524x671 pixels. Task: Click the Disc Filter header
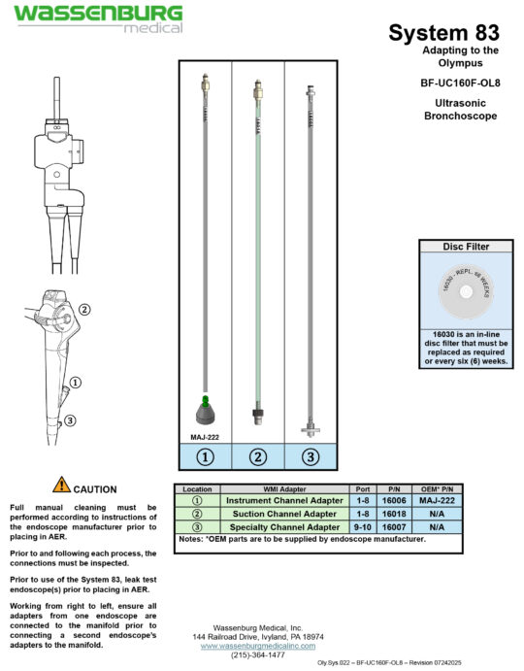pos(466,247)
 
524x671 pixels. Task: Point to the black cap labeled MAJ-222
pos(205,414)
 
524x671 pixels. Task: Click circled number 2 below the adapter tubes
pos(257,456)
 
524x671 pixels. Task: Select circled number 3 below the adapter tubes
pos(311,456)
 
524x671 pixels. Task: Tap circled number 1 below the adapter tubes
pos(205,456)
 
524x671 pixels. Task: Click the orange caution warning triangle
pos(62,485)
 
